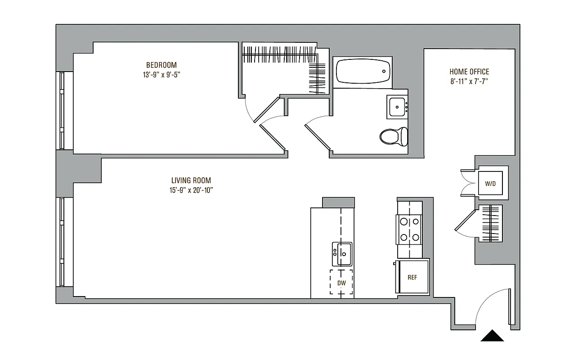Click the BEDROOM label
click(161, 65)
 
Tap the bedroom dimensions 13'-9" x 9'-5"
click(161, 75)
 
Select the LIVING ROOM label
click(188, 180)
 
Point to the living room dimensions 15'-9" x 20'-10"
click(188, 190)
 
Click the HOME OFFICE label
click(469, 72)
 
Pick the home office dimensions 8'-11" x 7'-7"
click(469, 81)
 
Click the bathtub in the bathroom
click(363, 71)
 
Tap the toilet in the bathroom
click(394, 136)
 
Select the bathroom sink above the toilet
click(397, 107)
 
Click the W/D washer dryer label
click(490, 184)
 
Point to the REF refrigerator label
click(412, 278)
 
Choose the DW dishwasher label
click(341, 283)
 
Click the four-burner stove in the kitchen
click(409, 229)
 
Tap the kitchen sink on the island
click(342, 254)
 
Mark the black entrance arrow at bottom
click(492, 336)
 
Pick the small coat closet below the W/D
click(489, 224)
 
